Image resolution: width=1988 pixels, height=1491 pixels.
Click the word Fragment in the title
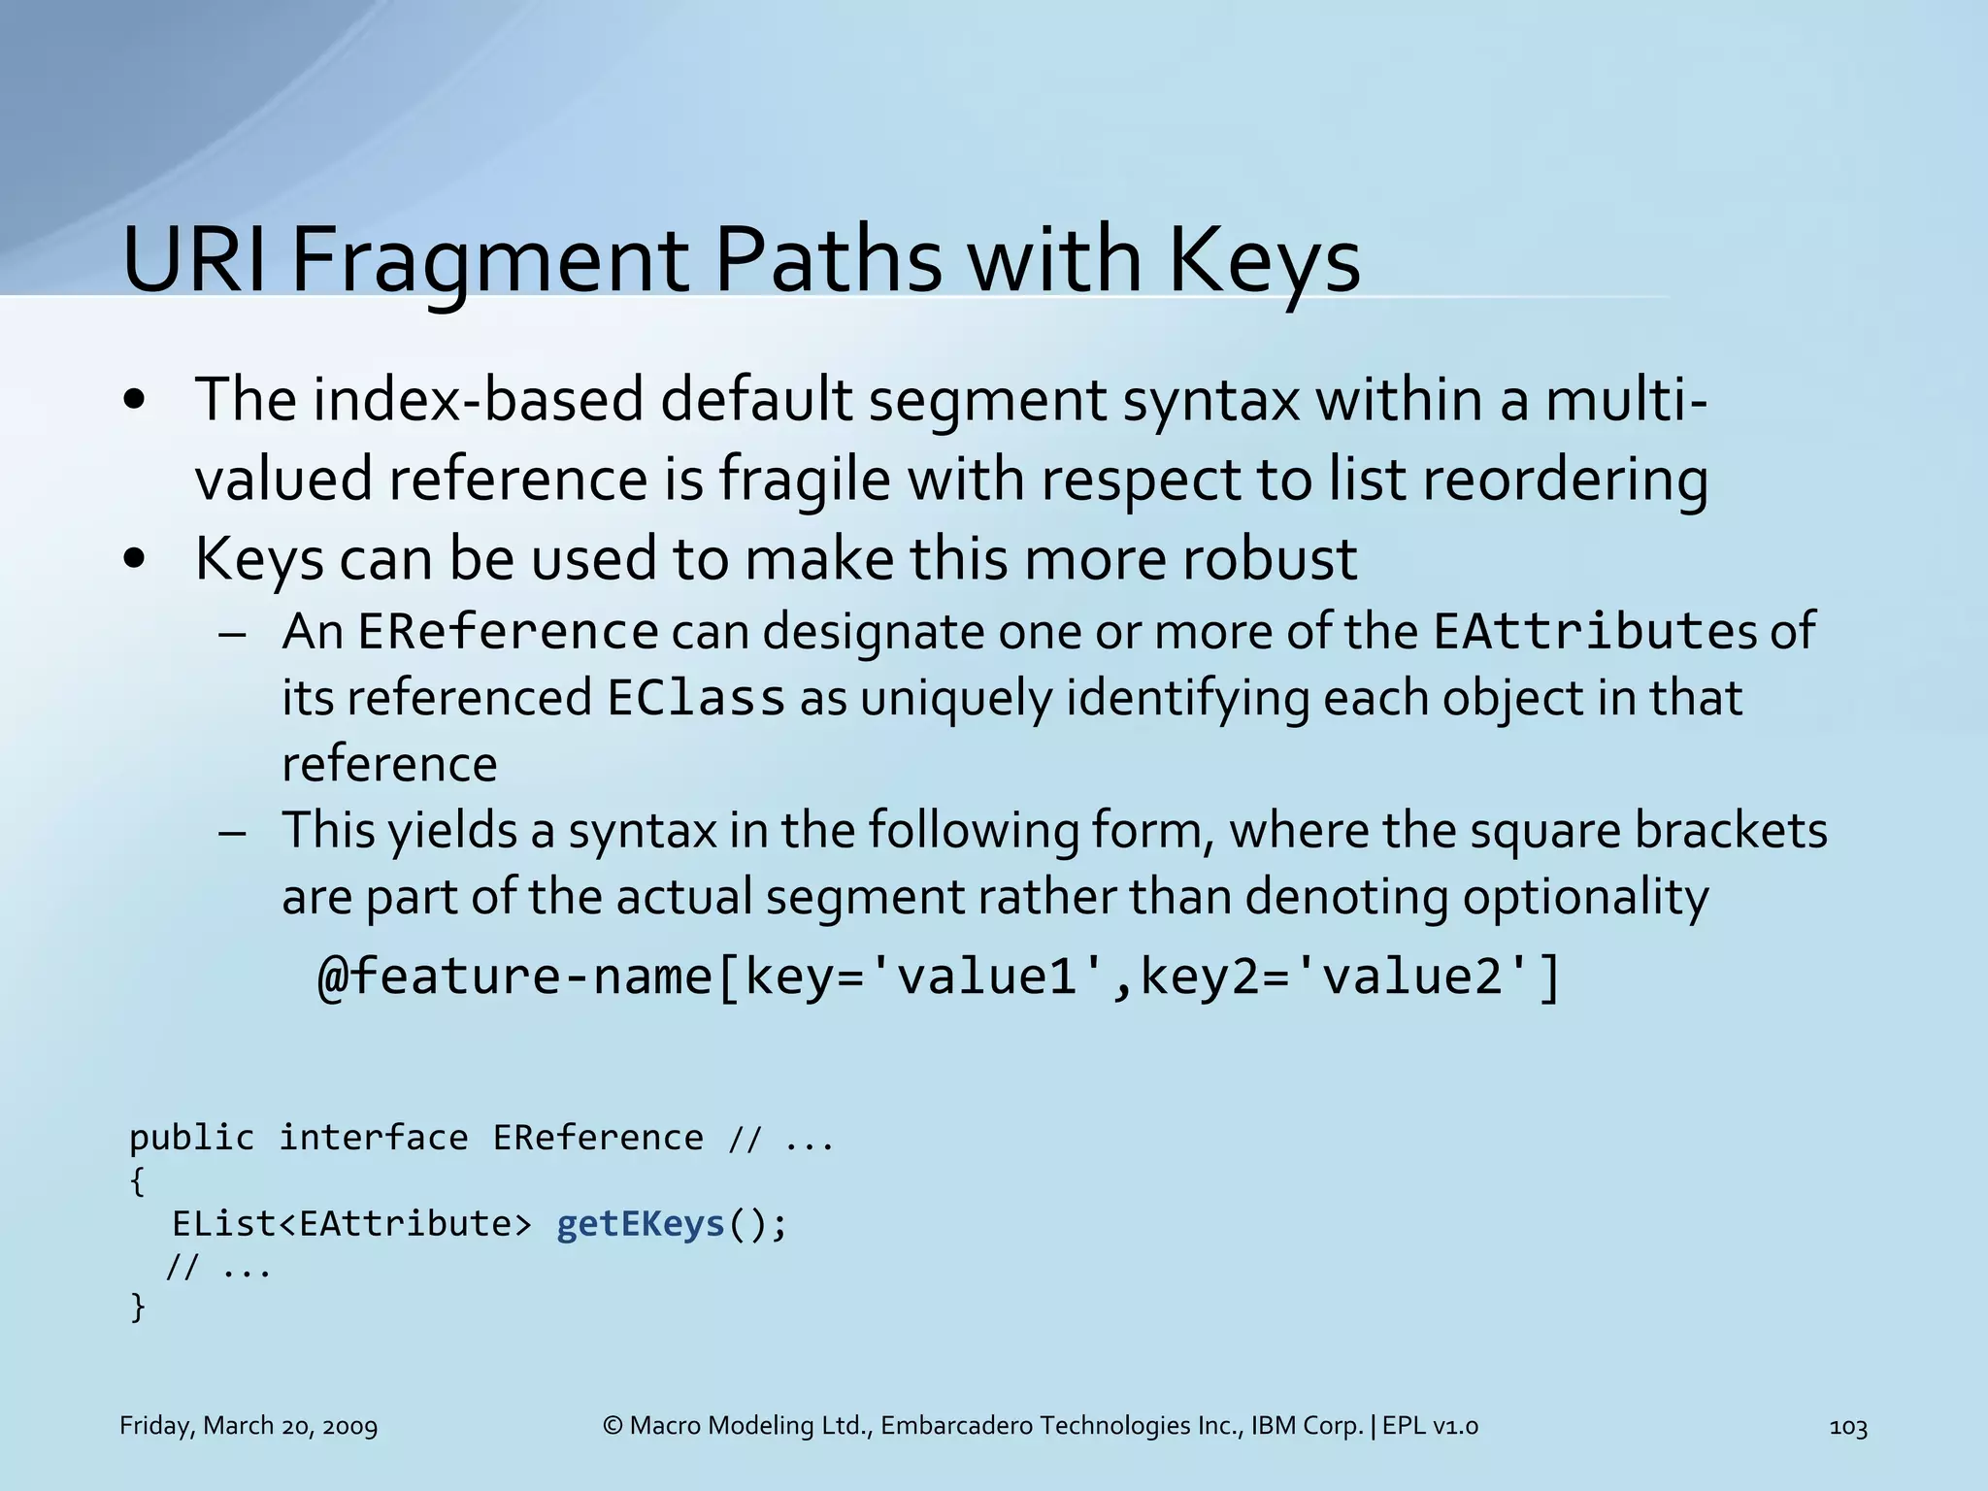[489, 260]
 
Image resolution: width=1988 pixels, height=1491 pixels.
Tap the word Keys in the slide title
[1262, 260]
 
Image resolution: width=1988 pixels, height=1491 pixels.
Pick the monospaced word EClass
[696, 698]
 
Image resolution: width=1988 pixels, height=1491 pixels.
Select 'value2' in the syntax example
[1414, 976]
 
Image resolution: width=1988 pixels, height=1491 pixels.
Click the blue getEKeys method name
[641, 1224]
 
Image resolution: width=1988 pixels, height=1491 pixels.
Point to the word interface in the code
[374, 1138]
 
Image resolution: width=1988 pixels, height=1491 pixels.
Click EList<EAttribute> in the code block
[352, 1224]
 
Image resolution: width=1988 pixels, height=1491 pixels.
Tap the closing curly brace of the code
[138, 1308]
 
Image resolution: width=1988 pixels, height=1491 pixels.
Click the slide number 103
[1847, 1427]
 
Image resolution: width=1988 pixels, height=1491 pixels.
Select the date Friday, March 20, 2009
[248, 1426]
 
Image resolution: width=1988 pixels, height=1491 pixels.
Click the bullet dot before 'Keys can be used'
[135, 559]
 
